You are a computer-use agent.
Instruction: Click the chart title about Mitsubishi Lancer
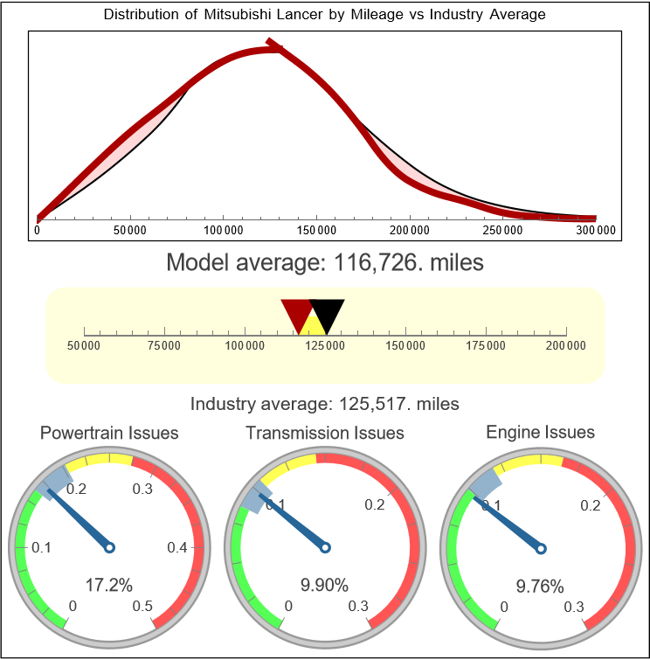[x=325, y=15]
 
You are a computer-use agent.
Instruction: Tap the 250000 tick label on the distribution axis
[x=502, y=231]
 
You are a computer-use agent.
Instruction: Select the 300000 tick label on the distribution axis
[x=596, y=231]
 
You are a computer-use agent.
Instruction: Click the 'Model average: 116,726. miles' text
[x=325, y=262]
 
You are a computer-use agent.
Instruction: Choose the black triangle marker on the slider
[x=327, y=313]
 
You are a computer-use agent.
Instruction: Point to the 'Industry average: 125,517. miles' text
[x=325, y=404]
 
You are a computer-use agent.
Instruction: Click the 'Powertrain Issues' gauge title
[x=109, y=433]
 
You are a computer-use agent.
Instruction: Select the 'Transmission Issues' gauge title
[x=325, y=433]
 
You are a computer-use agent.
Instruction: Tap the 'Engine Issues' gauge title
[x=540, y=432]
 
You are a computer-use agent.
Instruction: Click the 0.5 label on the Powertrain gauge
[x=143, y=607]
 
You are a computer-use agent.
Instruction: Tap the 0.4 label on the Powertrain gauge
[x=177, y=548]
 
